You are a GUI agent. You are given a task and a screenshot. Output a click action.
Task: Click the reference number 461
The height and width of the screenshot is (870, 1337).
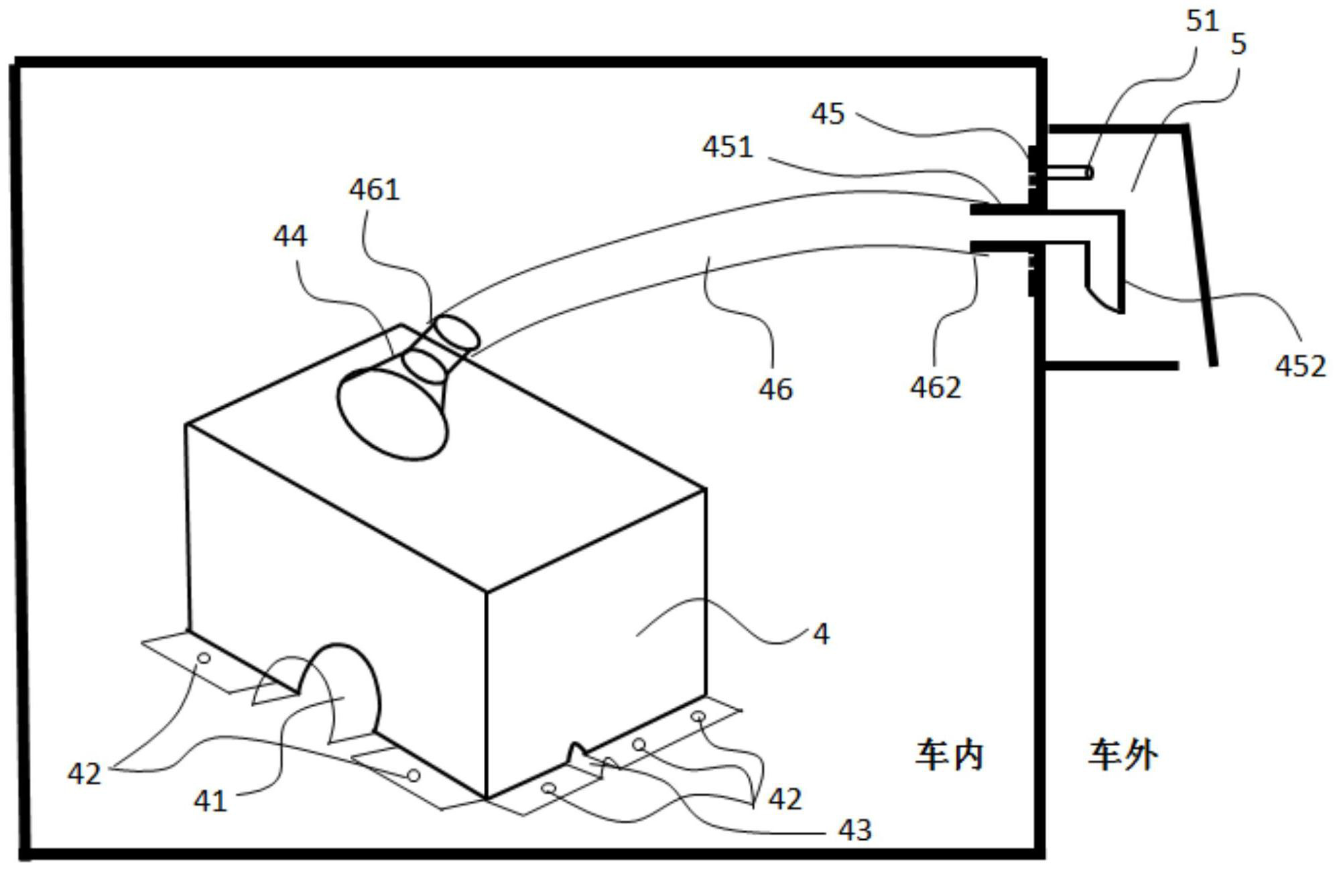[x=374, y=190]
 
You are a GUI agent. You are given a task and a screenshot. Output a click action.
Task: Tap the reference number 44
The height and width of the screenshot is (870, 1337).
[x=290, y=236]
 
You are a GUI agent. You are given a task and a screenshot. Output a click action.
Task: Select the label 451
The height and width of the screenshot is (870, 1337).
[x=728, y=147]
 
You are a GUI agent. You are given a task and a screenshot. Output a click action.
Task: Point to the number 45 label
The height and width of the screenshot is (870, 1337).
[x=827, y=114]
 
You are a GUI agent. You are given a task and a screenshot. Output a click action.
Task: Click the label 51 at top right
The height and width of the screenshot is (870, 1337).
[x=1202, y=21]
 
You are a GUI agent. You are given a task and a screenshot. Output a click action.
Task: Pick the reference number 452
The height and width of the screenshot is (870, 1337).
[x=1300, y=366]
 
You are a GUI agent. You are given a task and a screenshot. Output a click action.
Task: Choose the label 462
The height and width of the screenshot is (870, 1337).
[x=935, y=387]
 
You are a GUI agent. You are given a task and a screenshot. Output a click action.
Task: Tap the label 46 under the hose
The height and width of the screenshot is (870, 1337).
[x=775, y=389]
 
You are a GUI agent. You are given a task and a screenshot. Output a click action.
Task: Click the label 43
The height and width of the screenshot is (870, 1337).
[x=854, y=830]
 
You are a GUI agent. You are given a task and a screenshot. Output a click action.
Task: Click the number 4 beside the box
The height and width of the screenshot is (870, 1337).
[x=821, y=633]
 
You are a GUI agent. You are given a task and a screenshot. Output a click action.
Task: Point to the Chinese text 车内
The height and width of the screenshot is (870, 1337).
[x=949, y=755]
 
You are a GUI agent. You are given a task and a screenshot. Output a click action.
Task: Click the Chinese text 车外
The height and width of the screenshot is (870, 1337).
[x=1123, y=755]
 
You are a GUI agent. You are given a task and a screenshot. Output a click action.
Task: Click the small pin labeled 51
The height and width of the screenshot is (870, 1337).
[x=1070, y=173]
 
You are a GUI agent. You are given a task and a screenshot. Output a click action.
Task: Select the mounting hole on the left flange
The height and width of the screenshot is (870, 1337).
[x=204, y=658]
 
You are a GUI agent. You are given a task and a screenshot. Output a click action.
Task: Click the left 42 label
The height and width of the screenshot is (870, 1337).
[x=84, y=774]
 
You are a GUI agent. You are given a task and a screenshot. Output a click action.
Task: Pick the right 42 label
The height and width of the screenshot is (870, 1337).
[x=784, y=799]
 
